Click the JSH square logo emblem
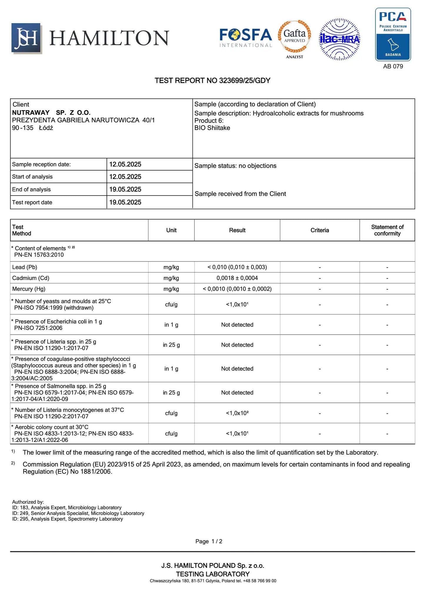[26, 38]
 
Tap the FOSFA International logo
[246, 38]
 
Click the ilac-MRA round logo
[340, 39]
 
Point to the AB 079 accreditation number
[393, 66]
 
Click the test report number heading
[212, 81]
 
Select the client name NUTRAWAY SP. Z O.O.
[51, 113]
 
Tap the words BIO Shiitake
[212, 128]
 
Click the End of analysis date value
[125, 189]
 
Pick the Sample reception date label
[41, 164]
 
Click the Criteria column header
[319, 230]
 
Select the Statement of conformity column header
[387, 230]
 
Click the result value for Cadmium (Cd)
[237, 278]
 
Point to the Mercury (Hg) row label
[29, 289]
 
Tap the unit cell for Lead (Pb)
[171, 267]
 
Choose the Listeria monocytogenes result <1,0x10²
[237, 413]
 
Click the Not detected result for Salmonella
[237, 393]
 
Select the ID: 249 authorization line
[78, 513]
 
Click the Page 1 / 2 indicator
[209, 541]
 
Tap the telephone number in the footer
[259, 581]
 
